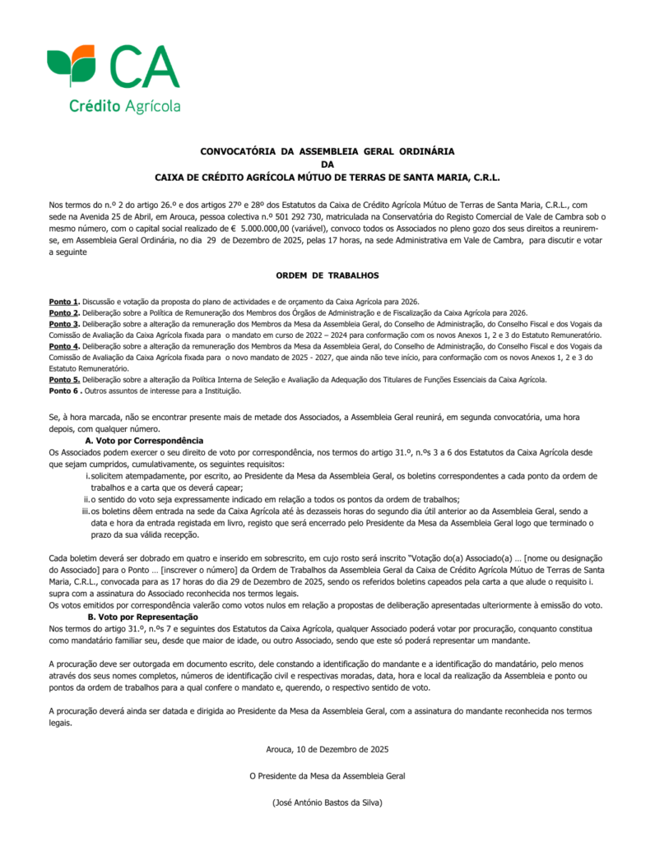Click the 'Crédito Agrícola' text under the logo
click(x=124, y=106)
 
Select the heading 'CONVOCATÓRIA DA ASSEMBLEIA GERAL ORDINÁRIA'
click(x=327, y=151)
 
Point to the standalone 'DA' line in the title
click(x=327, y=164)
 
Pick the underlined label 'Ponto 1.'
click(x=64, y=303)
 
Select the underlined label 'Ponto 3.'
click(x=64, y=324)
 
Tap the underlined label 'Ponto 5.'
click(x=64, y=379)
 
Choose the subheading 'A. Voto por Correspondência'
click(x=144, y=442)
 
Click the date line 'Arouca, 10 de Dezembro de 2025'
click(x=327, y=750)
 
